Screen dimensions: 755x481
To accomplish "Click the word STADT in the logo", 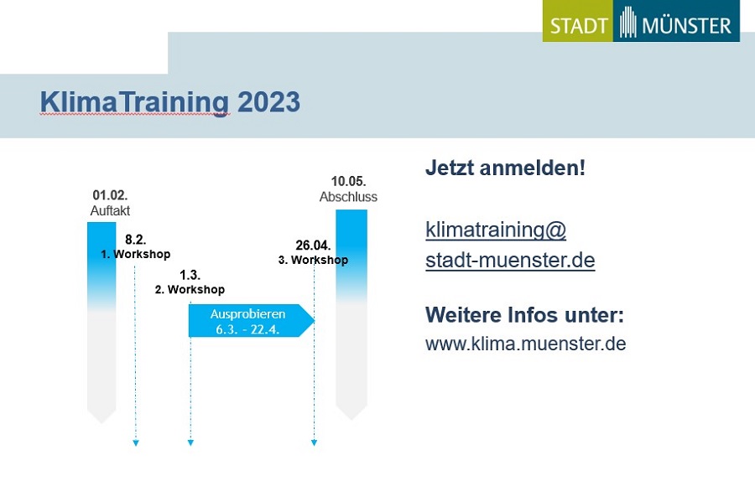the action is click(578, 25).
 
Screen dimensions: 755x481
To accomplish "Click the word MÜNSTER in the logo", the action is click(686, 25).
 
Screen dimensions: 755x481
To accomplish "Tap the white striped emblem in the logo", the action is click(627, 22).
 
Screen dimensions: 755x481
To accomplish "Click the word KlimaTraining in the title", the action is click(134, 102).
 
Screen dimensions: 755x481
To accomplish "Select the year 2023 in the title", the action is click(268, 102).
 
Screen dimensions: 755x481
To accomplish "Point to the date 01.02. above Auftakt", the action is click(110, 194).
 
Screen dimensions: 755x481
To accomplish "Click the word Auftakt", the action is click(110, 210).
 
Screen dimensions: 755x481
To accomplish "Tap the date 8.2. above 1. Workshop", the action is click(135, 240).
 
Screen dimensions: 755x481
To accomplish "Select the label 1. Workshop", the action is click(135, 254).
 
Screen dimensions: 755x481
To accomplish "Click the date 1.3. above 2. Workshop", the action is click(190, 275).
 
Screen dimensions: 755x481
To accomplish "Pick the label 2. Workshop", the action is click(190, 290).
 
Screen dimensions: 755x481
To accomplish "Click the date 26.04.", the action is click(313, 246).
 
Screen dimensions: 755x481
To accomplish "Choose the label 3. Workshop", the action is click(313, 260).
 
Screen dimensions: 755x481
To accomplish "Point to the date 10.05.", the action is click(348, 181).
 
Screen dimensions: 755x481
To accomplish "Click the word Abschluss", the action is click(348, 197).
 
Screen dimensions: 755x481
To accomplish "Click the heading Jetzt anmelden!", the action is click(505, 168).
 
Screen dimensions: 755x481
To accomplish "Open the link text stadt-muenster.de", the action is click(510, 261).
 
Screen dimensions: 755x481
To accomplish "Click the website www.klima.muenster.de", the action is click(526, 344).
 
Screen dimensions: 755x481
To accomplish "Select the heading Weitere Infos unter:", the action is click(524, 315).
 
